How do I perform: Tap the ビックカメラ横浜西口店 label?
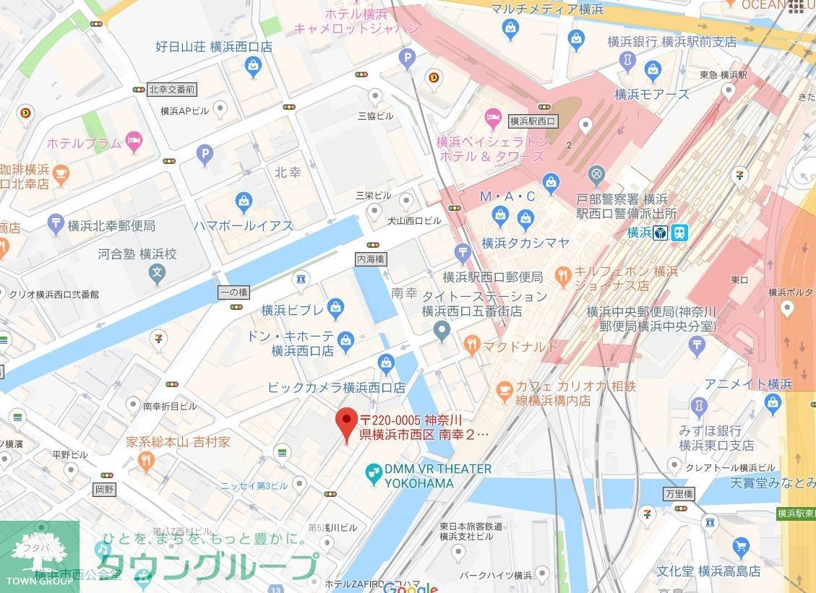336,388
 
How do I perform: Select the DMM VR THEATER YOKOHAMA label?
429,476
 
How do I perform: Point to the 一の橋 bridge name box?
233,292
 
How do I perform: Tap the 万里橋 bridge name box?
679,494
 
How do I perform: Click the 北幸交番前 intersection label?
172,90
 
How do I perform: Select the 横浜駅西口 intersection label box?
533,121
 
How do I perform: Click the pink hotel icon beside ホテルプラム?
134,142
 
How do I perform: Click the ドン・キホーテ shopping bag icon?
346,339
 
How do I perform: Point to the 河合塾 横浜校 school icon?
157,273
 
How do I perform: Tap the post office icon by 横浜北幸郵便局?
56,225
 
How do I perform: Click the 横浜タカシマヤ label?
525,243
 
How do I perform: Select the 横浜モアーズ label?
652,94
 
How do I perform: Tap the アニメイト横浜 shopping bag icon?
773,403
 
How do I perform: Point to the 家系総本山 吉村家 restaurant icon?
147,460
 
